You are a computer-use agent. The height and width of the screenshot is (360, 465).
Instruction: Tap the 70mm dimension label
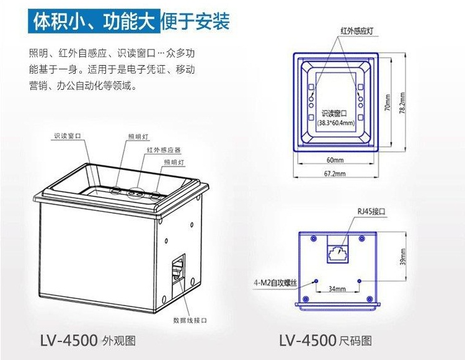[387, 102]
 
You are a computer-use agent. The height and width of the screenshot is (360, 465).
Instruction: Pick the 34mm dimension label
[337, 289]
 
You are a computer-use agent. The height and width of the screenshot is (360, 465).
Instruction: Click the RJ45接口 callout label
[371, 211]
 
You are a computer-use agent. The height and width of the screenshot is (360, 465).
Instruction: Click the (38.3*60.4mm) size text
[334, 123]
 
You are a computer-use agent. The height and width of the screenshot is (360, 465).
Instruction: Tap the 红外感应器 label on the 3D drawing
[163, 150]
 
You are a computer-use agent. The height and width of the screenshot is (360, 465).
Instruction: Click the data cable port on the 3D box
[179, 271]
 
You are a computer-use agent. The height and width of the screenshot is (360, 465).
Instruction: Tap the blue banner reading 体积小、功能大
[92, 22]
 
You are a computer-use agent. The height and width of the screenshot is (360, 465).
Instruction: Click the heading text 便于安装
[195, 22]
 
